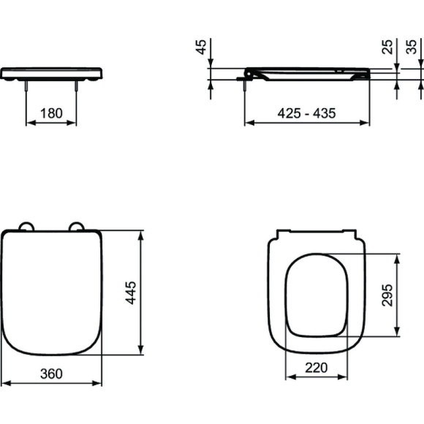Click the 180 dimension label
pos(51,114)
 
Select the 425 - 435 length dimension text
pos(306,113)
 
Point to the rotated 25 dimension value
pos(388,48)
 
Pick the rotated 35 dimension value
pos(414,48)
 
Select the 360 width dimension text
pos(50,374)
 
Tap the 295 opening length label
pos(388,295)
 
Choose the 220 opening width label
pos(316,368)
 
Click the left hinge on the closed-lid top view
pos(26,227)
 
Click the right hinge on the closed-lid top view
pos(76,227)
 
